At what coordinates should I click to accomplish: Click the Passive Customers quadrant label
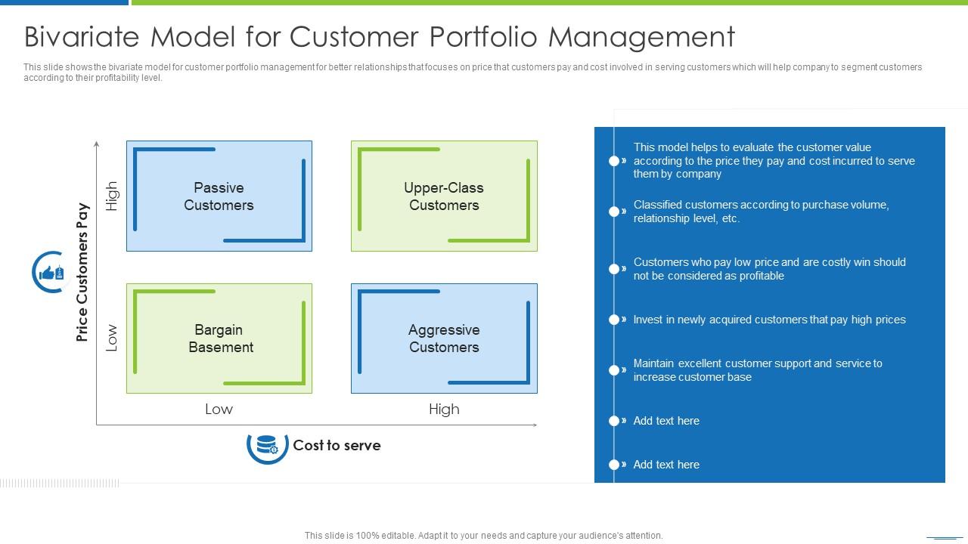pos(219,196)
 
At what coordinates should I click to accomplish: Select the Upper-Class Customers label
pos(444,196)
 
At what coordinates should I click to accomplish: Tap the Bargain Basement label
pos(220,338)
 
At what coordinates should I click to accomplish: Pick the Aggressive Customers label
pos(444,338)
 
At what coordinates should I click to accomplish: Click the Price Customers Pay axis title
pos(82,272)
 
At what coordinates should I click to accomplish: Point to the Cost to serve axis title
pos(337,445)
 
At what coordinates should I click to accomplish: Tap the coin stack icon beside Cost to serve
pos(267,445)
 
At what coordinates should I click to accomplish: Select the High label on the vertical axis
pos(112,196)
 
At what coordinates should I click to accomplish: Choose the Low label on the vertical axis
pos(112,338)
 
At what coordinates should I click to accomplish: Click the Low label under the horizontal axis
pos(219,409)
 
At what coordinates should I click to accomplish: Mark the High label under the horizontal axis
pos(444,409)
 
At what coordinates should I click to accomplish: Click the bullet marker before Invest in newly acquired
pos(615,320)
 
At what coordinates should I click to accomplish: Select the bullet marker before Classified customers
pos(615,212)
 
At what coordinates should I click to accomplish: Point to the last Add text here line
pos(666,465)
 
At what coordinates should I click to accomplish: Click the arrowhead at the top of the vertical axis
pos(96,143)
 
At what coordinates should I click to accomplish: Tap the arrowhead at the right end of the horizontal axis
pos(535,425)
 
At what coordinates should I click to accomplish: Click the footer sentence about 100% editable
pos(483,535)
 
